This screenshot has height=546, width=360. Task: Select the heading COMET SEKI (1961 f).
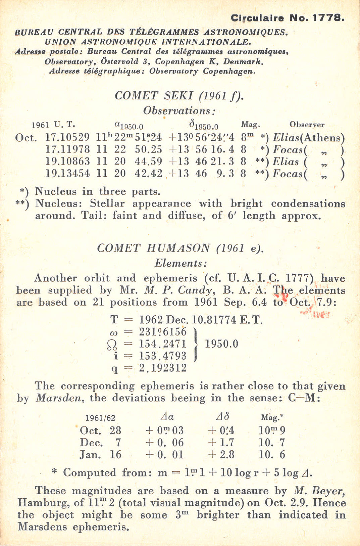point(179,96)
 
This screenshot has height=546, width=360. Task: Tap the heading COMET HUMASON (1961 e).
point(180,248)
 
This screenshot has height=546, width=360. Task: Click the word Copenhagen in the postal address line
point(179,62)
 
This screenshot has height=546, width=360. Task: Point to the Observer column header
point(307,125)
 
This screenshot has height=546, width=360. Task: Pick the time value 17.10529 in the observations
point(67,138)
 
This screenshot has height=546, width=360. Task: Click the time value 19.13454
point(67,174)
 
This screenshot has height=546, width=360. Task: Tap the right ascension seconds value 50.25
point(148,149)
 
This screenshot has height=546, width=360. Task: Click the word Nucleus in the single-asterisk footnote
point(56,191)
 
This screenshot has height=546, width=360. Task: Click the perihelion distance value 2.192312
point(163,368)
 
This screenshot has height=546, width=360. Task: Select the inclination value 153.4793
point(163,356)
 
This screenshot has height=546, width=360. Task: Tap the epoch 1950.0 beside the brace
point(221,344)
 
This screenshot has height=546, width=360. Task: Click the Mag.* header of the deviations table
point(272,417)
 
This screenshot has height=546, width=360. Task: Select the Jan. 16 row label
point(100,455)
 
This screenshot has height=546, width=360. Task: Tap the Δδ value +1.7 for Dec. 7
point(221,443)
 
